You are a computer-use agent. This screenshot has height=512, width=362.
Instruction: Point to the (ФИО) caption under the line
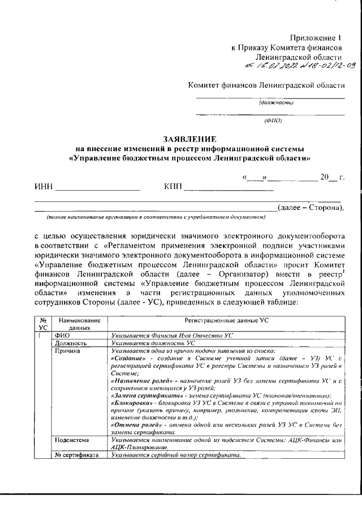273,121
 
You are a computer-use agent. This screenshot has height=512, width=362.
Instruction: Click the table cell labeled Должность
71,343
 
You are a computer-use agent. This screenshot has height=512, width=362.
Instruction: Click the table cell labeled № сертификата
76,455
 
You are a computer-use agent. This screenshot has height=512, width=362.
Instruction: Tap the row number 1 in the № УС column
40,335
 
